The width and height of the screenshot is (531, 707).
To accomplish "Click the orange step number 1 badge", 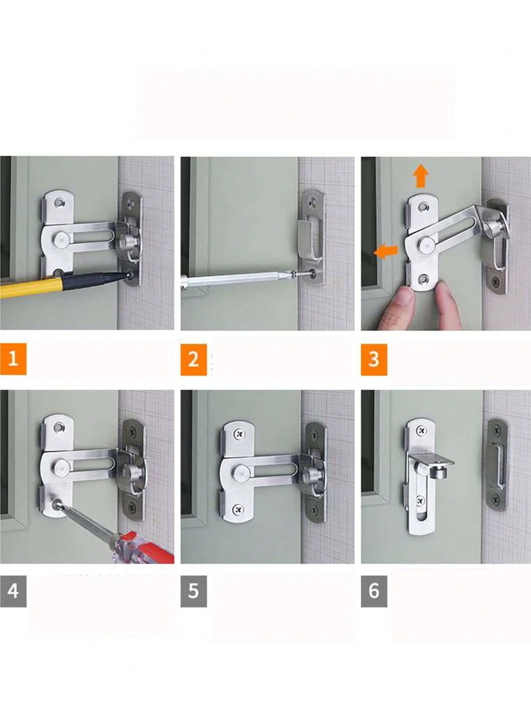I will [13, 359].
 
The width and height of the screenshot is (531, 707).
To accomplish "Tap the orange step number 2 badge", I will [193, 359].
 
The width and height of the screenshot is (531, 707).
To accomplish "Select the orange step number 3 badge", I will [374, 359].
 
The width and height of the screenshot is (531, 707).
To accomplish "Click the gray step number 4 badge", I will [13, 591].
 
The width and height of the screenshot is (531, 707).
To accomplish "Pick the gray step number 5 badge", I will [193, 591].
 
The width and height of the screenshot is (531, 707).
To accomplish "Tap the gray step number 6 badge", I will [374, 591].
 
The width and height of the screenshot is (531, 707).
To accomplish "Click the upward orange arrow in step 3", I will [420, 176].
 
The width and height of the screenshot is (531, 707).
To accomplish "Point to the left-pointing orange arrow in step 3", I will [386, 252].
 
